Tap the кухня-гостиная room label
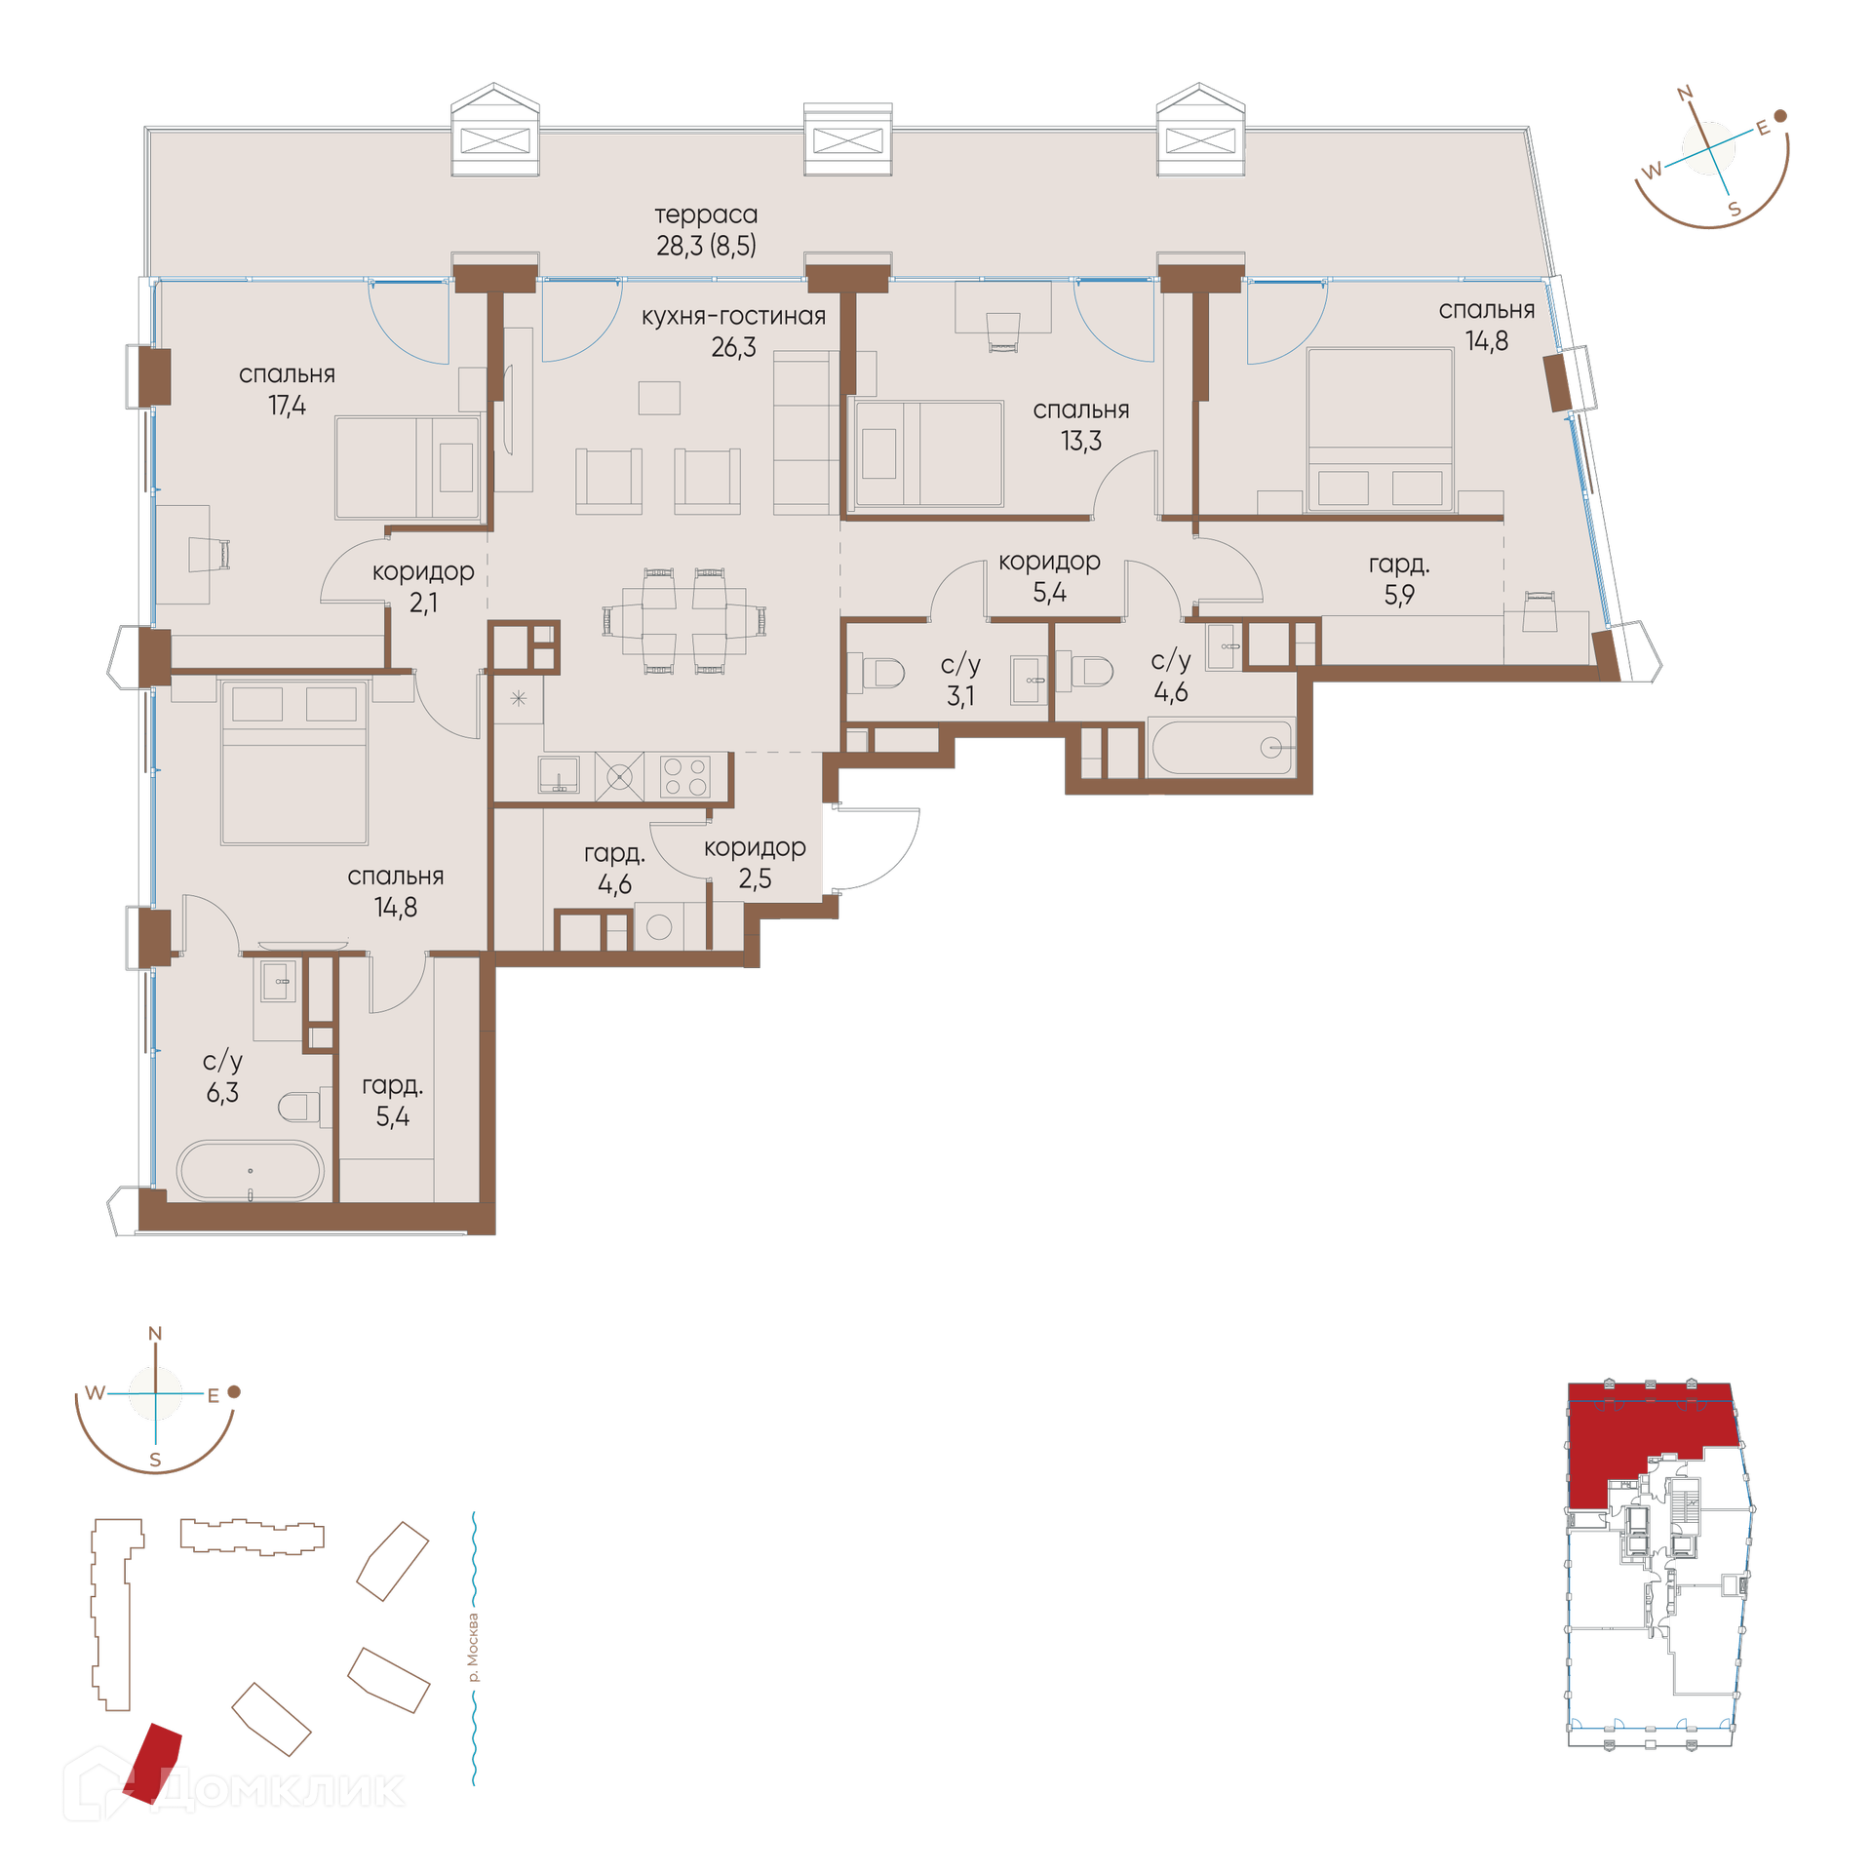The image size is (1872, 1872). (x=733, y=316)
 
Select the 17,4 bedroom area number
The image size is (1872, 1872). (x=287, y=406)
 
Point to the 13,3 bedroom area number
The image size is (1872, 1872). (x=1081, y=441)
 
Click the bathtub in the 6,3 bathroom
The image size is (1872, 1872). (x=250, y=1170)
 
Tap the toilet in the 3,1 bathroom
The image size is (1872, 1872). (x=883, y=673)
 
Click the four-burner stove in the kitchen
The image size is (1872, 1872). (x=684, y=777)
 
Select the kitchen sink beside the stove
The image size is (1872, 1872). (x=559, y=776)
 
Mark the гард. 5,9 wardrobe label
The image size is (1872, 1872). (x=1399, y=579)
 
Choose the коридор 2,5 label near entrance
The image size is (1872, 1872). (x=755, y=863)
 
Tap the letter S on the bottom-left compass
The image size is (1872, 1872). (x=155, y=1460)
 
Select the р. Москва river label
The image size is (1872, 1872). (x=473, y=1647)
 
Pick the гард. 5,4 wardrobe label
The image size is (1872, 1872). (x=392, y=1101)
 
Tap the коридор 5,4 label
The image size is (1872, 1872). (x=1049, y=576)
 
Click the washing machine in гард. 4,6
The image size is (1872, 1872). (x=659, y=926)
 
